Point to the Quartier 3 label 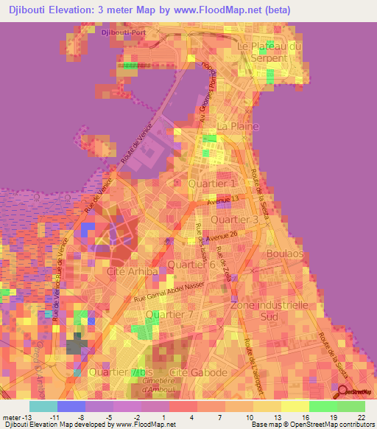[x=235, y=220]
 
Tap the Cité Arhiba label [x=133, y=271]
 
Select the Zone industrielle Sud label [x=269, y=310]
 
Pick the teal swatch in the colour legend [x=43, y=406]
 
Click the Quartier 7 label [x=169, y=315]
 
